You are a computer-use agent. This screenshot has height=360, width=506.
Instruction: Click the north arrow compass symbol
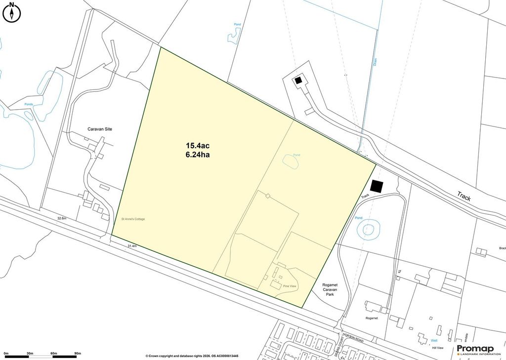pos(11,12)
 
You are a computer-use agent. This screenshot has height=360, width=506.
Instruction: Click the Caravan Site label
pos(100,129)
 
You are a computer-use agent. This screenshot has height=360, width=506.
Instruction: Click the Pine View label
pos(289,286)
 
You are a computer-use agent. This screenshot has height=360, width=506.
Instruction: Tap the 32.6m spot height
pos(62,218)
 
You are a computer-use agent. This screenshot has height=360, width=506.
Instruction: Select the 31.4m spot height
pos(132,246)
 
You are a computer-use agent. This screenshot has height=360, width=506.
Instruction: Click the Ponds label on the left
pos(28,104)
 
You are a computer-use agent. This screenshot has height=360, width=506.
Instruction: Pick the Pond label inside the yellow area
pos(296,155)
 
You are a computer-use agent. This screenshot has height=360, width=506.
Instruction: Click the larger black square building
pos(377,186)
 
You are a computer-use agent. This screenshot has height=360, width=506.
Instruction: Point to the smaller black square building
pos(298,80)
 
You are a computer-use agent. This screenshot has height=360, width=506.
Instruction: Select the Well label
pos(434,340)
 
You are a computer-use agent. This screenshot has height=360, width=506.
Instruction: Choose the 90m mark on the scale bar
pos(77,354)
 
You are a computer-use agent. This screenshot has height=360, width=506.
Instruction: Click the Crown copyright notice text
pos(192,356)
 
